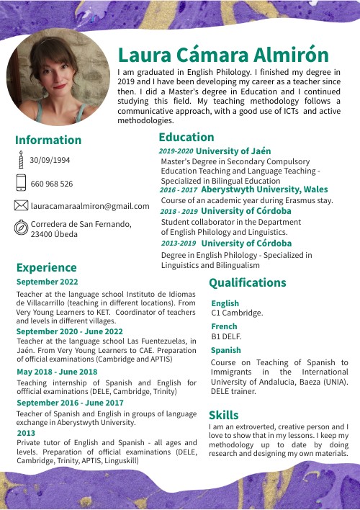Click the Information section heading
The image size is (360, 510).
click(48, 140)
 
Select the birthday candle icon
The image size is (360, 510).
click(21, 160)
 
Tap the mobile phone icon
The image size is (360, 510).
click(21, 183)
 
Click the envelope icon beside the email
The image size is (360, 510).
click(21, 206)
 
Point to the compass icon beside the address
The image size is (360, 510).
click(21, 228)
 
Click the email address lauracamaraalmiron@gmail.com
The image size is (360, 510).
click(90, 206)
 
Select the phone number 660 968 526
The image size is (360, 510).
click(52, 184)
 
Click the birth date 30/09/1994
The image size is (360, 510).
click(50, 160)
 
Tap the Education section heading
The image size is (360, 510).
click(186, 137)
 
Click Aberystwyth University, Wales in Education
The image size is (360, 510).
click(264, 189)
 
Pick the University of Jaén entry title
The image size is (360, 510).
click(233, 151)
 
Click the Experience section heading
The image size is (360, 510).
click(46, 268)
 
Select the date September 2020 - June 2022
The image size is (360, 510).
click(70, 331)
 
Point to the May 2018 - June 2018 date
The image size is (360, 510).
click(57, 372)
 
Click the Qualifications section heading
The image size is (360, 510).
click(247, 282)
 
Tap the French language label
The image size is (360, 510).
click(224, 326)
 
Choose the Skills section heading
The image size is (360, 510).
click(223, 415)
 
